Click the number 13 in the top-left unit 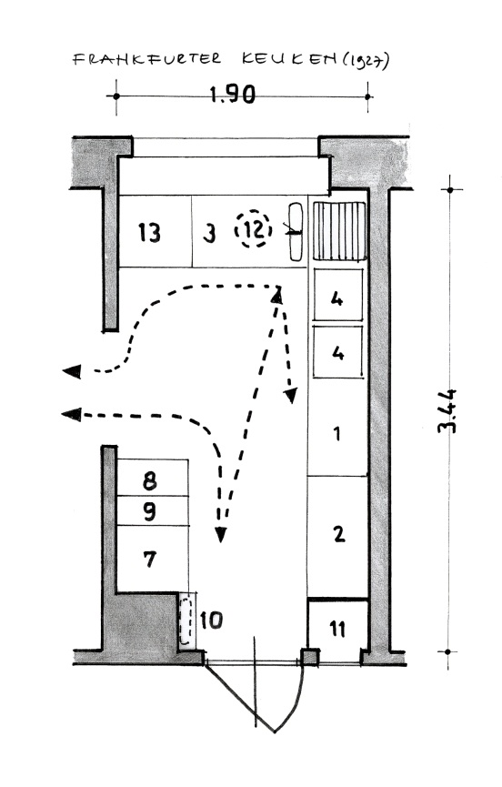point(149,233)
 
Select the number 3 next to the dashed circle point(210,234)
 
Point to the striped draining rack point(339,231)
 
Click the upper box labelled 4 point(338,295)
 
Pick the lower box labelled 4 point(338,351)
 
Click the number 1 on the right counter point(337,433)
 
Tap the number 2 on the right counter point(339,533)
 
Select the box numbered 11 point(337,626)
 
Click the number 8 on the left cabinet point(149,480)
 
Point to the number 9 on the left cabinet point(149,512)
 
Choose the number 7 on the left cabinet point(150,559)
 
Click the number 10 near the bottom point(211,621)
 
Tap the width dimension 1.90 point(232,95)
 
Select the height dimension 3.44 point(447,410)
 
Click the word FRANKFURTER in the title point(146,59)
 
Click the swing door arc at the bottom point(291,702)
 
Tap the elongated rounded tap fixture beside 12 point(296,231)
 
